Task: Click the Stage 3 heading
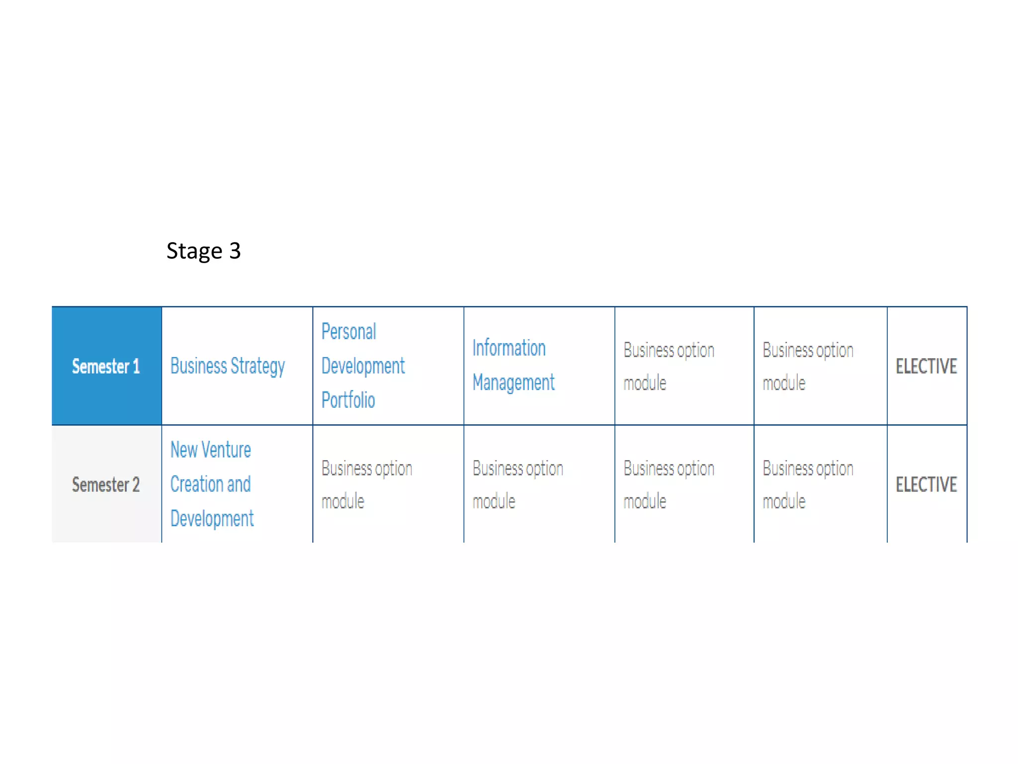(x=203, y=251)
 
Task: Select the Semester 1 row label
(x=106, y=367)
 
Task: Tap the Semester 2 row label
(x=106, y=484)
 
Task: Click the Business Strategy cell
(x=228, y=367)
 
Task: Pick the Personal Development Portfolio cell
(x=363, y=366)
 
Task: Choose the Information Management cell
(x=513, y=366)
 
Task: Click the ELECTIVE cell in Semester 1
(x=926, y=367)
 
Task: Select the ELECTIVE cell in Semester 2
(x=926, y=484)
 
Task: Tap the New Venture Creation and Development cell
(x=212, y=484)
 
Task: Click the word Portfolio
(x=348, y=400)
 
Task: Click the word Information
(x=509, y=348)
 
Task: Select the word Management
(x=513, y=383)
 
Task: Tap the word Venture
(x=226, y=450)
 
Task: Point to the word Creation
(x=196, y=484)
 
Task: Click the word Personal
(x=348, y=332)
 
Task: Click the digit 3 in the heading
(x=235, y=251)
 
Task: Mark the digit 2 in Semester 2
(x=136, y=484)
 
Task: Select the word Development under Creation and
(x=212, y=519)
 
